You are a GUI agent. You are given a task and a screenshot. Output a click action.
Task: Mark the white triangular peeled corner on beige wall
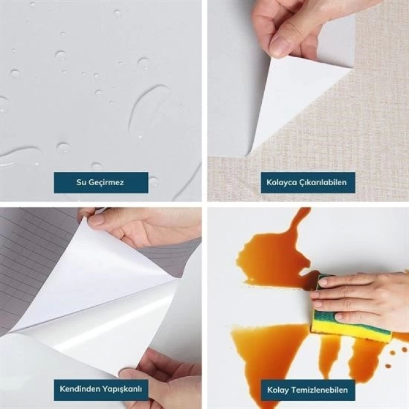click(x=292, y=99)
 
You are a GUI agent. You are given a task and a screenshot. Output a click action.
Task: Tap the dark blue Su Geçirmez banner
click(x=100, y=183)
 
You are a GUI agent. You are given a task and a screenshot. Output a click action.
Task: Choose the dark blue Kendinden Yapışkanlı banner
click(x=100, y=389)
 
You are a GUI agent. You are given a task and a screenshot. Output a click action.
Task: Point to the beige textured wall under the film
click(x=374, y=117)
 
